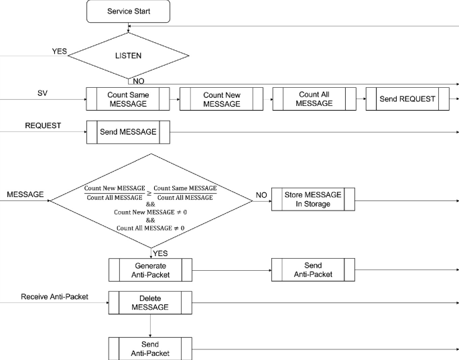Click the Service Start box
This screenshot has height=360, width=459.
128,11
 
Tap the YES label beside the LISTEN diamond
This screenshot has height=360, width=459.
60,51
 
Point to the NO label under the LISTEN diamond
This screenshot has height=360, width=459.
138,81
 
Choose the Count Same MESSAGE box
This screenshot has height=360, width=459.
128,99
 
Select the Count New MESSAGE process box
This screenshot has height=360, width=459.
221,99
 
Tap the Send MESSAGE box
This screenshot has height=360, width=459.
128,132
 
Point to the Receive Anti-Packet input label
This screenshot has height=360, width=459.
54,296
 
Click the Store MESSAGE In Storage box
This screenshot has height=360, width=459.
312,199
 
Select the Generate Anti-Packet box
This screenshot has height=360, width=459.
150,269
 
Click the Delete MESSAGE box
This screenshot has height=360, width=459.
150,302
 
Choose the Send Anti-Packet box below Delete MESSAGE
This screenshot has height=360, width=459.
150,349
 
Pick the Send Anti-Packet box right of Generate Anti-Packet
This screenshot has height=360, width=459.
312,269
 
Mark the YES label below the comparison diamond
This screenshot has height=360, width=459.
160,253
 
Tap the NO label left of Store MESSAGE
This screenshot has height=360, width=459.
261,195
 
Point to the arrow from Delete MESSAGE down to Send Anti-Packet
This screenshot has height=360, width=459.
150,325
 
